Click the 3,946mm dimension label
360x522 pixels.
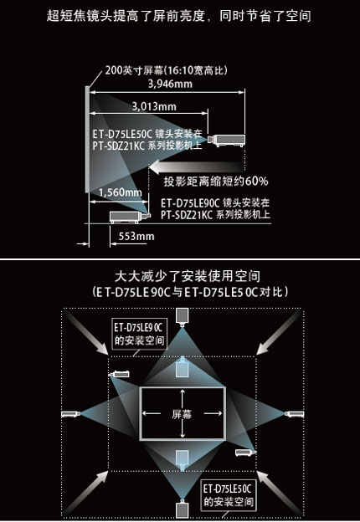(170, 84)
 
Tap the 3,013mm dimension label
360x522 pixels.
(154, 106)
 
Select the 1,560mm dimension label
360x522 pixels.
(121, 192)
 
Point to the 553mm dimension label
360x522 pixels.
(136, 237)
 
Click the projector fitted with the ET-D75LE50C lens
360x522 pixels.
(226, 141)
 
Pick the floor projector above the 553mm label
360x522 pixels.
(130, 217)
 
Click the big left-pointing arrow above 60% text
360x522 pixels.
(197, 166)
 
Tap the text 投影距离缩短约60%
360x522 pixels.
(216, 182)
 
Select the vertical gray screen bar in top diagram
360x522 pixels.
(87, 139)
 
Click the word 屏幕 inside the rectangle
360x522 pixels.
(182, 414)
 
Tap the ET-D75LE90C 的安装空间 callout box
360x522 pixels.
(139, 334)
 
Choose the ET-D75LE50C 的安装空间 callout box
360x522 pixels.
(228, 495)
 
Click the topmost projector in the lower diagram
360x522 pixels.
(183, 316)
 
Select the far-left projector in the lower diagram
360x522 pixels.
(70, 414)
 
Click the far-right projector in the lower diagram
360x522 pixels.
(294, 414)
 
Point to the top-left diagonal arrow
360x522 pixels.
(87, 333)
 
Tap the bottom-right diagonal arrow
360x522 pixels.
(278, 494)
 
